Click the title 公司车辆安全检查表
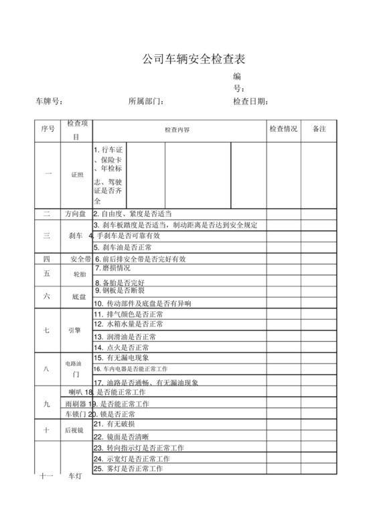[x=189, y=60]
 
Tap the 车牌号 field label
[x=49, y=102]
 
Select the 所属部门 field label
[x=146, y=102]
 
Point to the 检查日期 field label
[x=251, y=102]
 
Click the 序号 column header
[x=48, y=129]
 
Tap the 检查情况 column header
[x=283, y=129]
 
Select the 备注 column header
[x=319, y=129]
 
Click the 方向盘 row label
[x=75, y=214]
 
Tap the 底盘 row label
[x=78, y=296]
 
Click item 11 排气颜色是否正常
[x=129, y=314]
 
